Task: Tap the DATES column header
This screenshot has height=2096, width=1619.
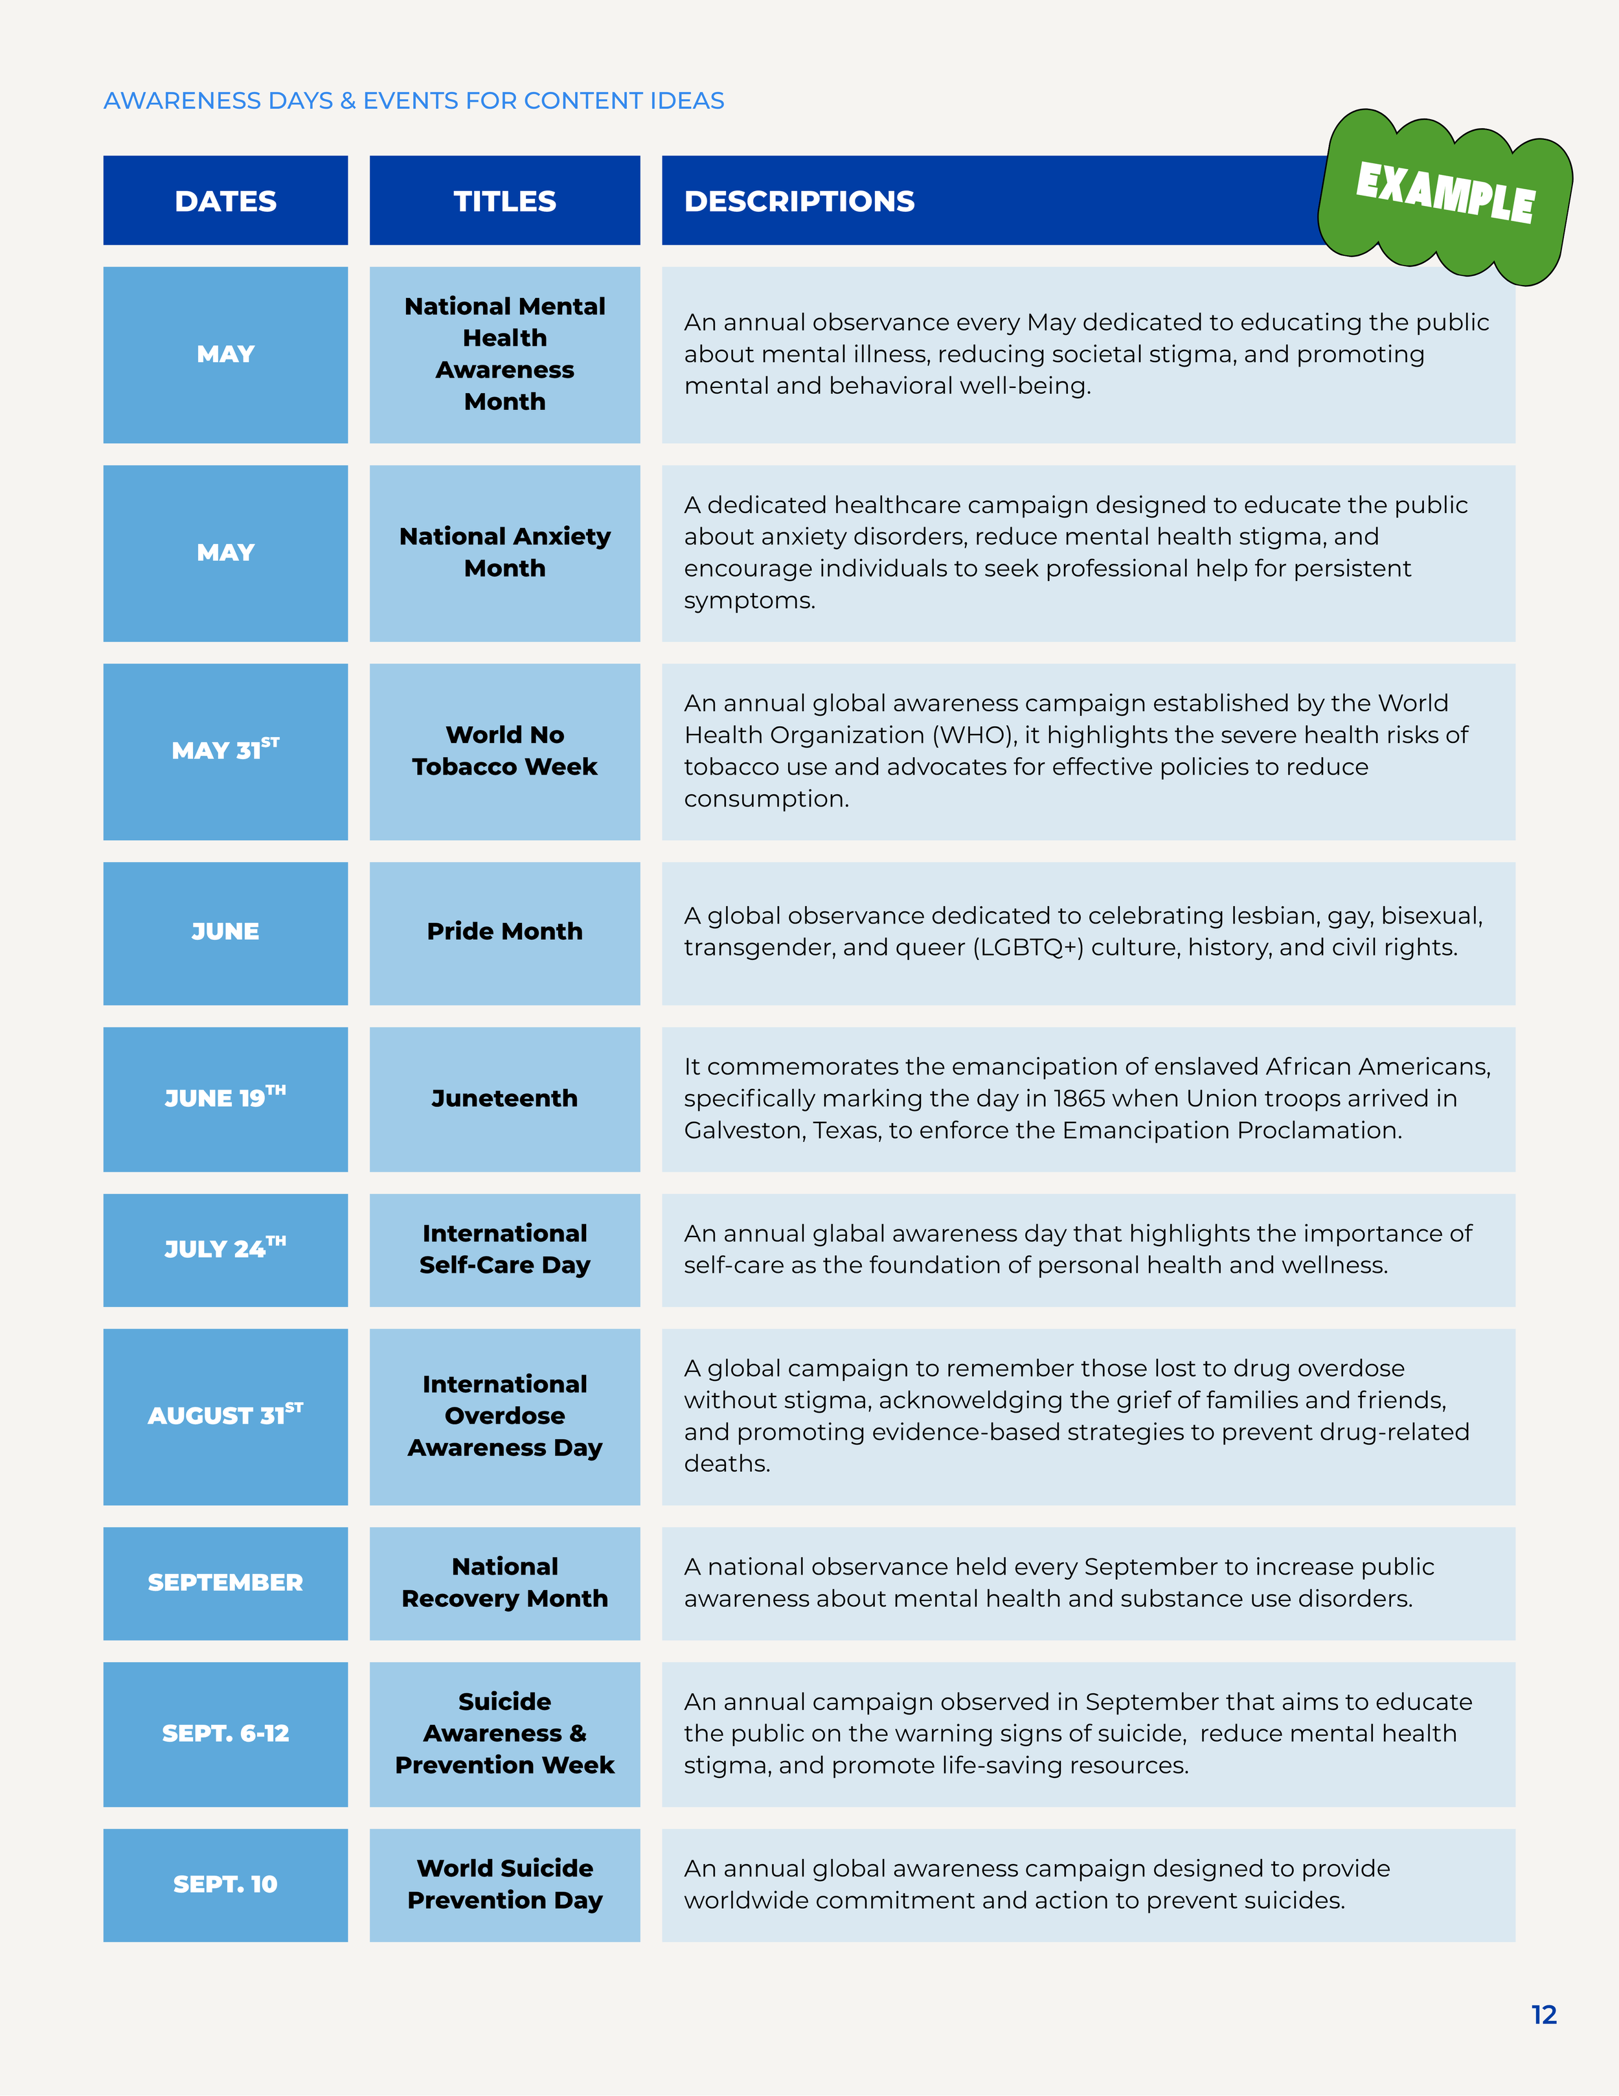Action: pyautogui.click(x=225, y=201)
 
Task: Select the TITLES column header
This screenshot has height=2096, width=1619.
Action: pyautogui.click(x=504, y=201)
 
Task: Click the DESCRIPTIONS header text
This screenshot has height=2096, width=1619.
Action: pyautogui.click(x=799, y=201)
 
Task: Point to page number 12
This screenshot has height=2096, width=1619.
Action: pyautogui.click(x=1544, y=2014)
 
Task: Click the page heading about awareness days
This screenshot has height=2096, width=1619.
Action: pyautogui.click(x=414, y=101)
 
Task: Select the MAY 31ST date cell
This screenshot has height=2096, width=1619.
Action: pyautogui.click(x=225, y=751)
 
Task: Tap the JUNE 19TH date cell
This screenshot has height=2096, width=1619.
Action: pyautogui.click(x=225, y=1099)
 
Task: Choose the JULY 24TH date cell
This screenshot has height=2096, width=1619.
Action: pyautogui.click(x=225, y=1249)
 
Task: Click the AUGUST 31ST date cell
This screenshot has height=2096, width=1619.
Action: pyautogui.click(x=225, y=1417)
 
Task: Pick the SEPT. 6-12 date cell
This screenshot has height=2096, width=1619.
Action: pyautogui.click(x=225, y=1734)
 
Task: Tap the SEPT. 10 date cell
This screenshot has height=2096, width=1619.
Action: pyautogui.click(x=225, y=1885)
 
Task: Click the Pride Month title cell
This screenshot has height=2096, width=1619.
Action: pyautogui.click(x=504, y=933)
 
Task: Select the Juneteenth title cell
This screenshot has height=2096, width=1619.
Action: pyautogui.click(x=504, y=1099)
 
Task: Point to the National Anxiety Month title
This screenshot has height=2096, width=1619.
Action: pyautogui.click(x=504, y=552)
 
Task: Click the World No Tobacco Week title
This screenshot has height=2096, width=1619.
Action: pyautogui.click(x=504, y=751)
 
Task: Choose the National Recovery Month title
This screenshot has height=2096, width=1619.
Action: pyautogui.click(x=504, y=1582)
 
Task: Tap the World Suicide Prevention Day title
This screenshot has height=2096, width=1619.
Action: pyautogui.click(x=504, y=1884)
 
